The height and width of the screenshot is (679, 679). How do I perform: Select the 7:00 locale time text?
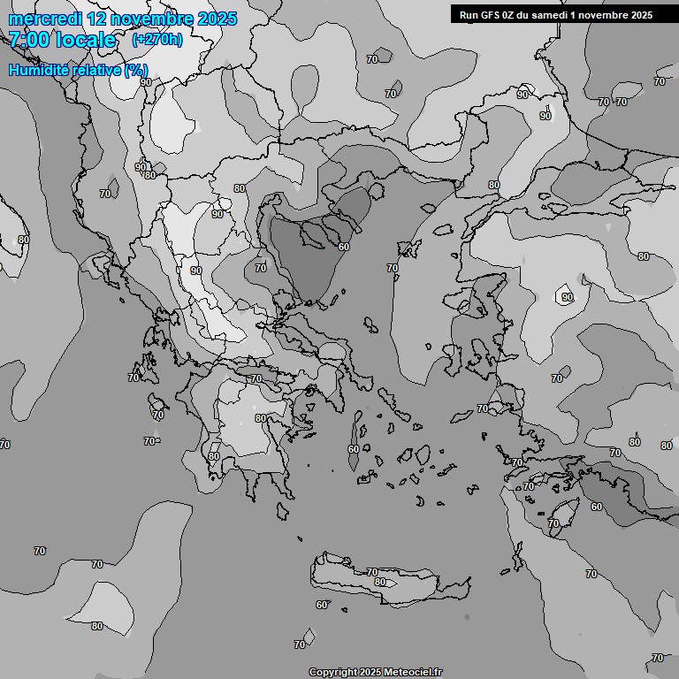coord(62,40)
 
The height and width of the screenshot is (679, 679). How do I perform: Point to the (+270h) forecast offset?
coord(157,40)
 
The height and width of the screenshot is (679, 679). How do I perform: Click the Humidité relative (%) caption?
coord(79,70)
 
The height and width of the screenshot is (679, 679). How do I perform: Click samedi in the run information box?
coord(546,14)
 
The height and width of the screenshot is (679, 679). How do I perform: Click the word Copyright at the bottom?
coord(333,672)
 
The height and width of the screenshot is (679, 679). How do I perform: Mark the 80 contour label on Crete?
coord(380,582)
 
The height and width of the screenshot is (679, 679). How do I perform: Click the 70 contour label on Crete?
coord(372,572)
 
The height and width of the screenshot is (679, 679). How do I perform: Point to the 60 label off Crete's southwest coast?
coord(322,605)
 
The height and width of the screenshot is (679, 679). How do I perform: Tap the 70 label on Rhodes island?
coord(553,523)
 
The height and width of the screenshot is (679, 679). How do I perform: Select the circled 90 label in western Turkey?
coord(567,297)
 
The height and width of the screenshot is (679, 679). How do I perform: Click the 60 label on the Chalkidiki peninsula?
coord(344,247)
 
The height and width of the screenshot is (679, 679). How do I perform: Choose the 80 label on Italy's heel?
coord(23,240)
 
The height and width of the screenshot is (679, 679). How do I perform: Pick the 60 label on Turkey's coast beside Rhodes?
coord(597,507)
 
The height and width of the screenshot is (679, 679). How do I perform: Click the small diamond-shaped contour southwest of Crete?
coord(309,635)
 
